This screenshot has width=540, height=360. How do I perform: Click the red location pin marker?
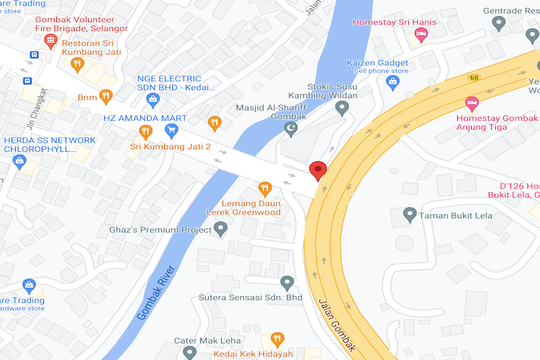point(318,171)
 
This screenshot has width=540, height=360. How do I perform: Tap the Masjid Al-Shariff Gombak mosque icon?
point(291,129)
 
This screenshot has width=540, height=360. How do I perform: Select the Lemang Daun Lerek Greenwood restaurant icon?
point(265,189)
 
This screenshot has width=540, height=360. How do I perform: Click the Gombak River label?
point(156,293)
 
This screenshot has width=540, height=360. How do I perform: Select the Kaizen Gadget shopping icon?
point(392,82)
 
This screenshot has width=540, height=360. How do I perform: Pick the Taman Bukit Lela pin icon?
point(410,215)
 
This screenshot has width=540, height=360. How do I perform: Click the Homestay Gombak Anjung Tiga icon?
point(472,102)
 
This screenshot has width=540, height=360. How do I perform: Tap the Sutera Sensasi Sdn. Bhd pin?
point(287,282)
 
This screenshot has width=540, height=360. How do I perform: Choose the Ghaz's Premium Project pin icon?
point(221,229)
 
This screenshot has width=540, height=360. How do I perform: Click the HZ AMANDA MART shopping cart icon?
point(171,130)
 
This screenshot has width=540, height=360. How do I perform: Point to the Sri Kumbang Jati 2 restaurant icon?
point(145,132)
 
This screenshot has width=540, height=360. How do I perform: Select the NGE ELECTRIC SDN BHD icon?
point(152,99)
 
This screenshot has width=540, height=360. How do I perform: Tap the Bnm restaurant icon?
point(106,96)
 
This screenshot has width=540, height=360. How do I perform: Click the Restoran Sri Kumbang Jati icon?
point(77,65)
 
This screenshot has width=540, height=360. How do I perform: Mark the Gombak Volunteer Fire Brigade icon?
point(50,40)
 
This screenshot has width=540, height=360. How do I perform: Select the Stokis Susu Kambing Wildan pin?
point(343,108)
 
